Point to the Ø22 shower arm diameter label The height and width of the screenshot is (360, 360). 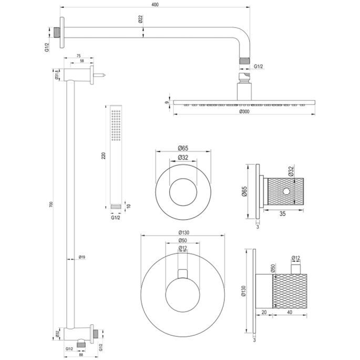[140, 19]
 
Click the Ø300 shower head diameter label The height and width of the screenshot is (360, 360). [245, 111]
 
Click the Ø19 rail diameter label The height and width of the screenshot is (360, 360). [81, 257]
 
